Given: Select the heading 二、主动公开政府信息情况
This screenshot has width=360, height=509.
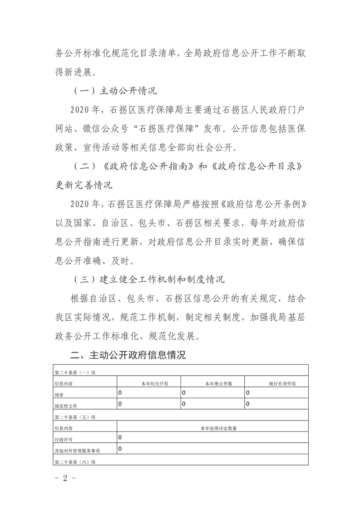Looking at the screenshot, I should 127,355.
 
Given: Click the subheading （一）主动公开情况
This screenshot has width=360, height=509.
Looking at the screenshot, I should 114,91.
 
